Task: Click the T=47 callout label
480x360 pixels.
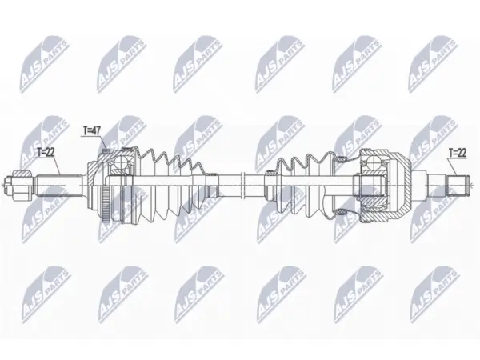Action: click(92, 130)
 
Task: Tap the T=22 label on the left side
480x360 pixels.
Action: click(46, 152)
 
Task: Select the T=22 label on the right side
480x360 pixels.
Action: click(458, 153)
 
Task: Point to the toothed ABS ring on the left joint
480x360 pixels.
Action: click(106, 203)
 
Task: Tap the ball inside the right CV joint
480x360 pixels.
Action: click(374, 162)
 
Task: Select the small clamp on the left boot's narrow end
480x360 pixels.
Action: click(212, 174)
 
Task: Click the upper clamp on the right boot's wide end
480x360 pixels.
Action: click(341, 158)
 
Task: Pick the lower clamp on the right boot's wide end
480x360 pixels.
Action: click(341, 212)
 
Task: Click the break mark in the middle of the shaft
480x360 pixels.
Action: click(243, 186)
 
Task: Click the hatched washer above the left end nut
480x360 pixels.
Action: click(22, 174)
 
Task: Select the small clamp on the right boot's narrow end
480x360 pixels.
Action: click(270, 172)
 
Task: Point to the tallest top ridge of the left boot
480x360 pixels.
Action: click(151, 150)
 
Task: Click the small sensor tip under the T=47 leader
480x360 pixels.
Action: click(106, 150)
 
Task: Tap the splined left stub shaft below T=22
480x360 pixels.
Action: click(60, 186)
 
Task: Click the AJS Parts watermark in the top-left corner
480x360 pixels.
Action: click(45, 64)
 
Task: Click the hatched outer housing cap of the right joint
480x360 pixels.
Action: click(398, 186)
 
